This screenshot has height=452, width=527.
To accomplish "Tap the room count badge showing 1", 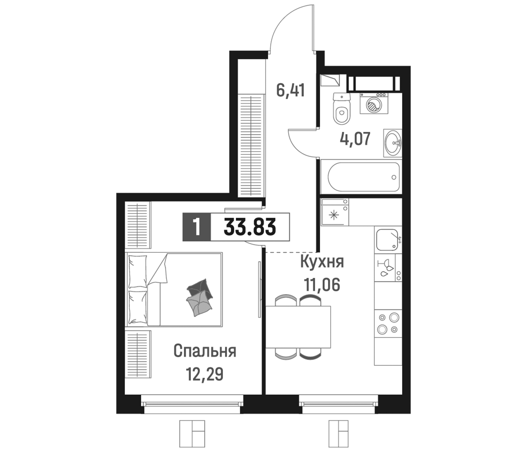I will tap(196, 227).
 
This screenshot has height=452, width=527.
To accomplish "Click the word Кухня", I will tap(322, 262).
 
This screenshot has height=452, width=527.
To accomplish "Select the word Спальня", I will tap(205, 351).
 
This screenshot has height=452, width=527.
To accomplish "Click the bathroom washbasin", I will tap(392, 143).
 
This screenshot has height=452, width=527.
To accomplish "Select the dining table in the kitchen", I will tap(298, 327).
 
